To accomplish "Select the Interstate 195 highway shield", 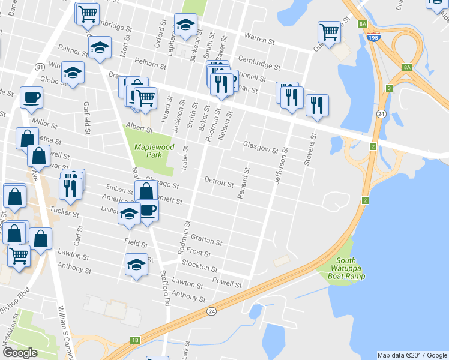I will tap(374, 38).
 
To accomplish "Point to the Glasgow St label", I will tap(261, 145).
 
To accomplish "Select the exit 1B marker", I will tap(135, 340).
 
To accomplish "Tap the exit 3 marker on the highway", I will tap(389, 88).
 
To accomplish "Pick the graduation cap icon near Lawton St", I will tap(136, 263).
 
